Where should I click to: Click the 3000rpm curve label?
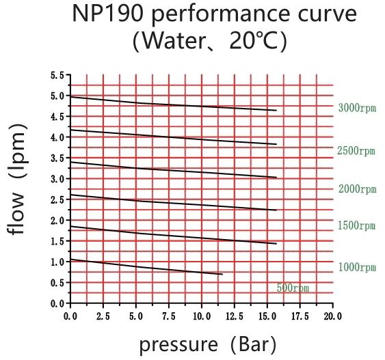[357, 108]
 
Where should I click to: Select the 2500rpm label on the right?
[356, 150]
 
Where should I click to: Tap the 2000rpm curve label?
[357, 189]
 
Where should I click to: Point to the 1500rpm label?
[356, 225]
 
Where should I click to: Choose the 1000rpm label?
[357, 267]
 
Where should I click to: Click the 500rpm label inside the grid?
[293, 288]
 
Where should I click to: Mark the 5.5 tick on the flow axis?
[57, 75]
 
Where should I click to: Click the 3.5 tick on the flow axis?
[57, 158]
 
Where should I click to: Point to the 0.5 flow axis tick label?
[57, 283]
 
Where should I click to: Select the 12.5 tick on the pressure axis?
[235, 316]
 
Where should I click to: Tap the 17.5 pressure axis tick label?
[300, 316]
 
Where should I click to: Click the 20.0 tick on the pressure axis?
[333, 316]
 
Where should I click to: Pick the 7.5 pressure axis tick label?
[169, 316]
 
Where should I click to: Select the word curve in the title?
[327, 14]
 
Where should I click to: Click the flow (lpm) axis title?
[17, 179]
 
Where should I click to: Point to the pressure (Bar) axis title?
[208, 344]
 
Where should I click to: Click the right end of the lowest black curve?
[222, 274]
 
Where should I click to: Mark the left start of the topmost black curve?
[70, 97]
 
